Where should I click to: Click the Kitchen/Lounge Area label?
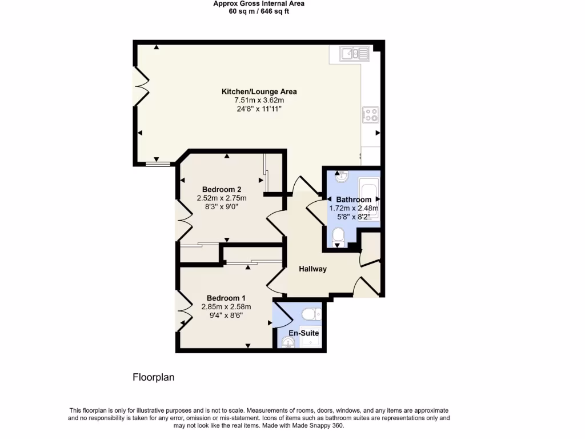click(259, 91)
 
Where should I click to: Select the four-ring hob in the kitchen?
click(370, 115)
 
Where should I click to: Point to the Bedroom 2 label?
click(222, 190)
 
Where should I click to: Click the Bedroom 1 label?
click(226, 298)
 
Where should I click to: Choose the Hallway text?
click(312, 269)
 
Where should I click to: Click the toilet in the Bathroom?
click(338, 236)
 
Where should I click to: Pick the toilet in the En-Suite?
click(309, 314)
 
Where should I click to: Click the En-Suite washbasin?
click(288, 342)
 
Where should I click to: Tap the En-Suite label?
click(303, 333)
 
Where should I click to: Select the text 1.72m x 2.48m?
click(354, 209)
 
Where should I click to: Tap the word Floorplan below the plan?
click(153, 377)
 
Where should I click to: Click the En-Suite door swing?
click(280, 314)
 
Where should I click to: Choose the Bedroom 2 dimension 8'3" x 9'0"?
click(222, 207)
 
